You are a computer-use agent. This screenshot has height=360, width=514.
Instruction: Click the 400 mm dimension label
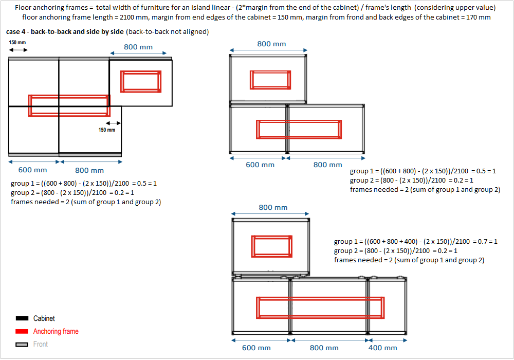coord(382,348)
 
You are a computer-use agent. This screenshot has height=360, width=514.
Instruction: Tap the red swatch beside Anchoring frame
coord(22,332)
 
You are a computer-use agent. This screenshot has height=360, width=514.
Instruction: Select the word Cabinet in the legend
coord(44,319)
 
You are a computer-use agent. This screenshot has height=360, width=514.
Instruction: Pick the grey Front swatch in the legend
coord(22,345)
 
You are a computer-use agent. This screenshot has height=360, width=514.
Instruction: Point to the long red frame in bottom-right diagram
coord(320,308)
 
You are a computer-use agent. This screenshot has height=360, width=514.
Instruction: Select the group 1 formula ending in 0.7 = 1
coord(415,241)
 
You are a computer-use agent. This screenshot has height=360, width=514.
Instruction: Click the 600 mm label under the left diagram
coord(33,170)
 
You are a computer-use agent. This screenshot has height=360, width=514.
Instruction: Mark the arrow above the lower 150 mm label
coord(113,123)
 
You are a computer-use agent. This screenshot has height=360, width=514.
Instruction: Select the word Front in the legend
coord(41,345)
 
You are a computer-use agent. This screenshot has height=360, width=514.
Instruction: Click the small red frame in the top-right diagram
coord(270,80)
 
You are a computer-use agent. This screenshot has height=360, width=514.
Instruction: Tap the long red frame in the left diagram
coord(69,105)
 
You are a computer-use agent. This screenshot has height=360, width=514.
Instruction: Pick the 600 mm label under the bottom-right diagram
coord(256,348)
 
